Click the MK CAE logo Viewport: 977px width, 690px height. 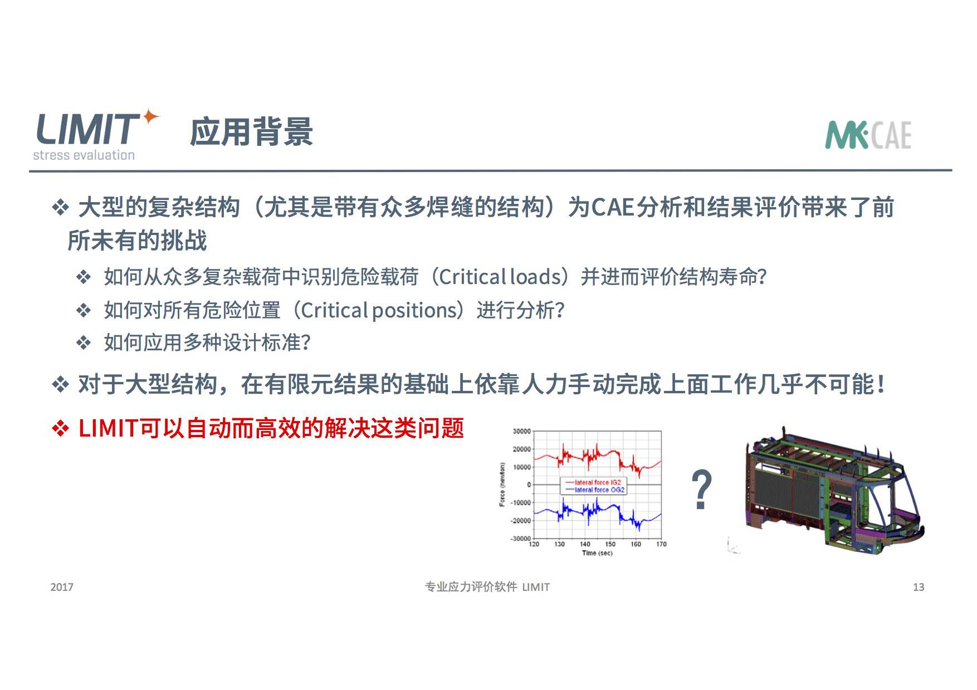tap(868, 135)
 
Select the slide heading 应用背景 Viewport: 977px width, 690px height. tap(252, 132)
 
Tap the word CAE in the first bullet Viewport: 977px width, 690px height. tap(613, 207)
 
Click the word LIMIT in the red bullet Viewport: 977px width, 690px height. tap(108, 428)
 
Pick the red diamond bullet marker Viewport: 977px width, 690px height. tap(60, 428)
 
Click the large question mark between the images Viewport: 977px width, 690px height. tap(701, 490)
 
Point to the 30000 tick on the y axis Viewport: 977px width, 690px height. tap(521, 431)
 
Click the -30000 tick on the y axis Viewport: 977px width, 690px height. tap(520, 539)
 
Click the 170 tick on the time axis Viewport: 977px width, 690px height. tap(661, 544)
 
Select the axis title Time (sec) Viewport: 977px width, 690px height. tap(597, 553)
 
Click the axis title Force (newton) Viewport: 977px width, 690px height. tap(502, 485)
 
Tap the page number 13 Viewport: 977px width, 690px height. tap(919, 587)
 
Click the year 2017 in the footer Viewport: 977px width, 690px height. tap(61, 587)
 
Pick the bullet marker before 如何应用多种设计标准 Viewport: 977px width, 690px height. tap(84, 342)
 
